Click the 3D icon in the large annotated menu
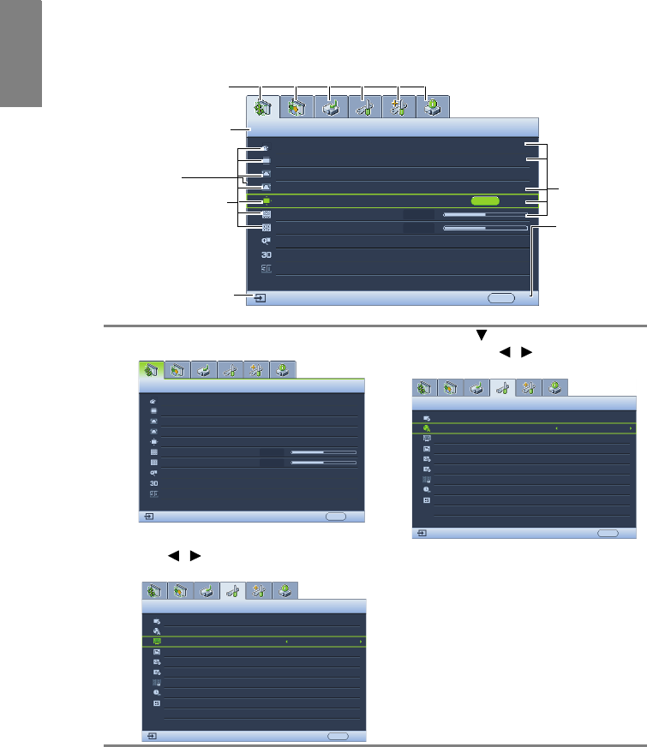[267, 254]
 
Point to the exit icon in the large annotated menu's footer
[261, 299]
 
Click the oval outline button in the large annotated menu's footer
[501, 298]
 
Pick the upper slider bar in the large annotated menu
[484, 214]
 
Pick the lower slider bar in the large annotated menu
[484, 229]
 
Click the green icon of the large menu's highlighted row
[267, 200]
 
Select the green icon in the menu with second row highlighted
[427, 427]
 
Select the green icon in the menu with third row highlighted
[156, 641]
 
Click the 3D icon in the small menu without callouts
[153, 483]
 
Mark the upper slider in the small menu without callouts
[323, 451]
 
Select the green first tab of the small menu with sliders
[150, 370]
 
